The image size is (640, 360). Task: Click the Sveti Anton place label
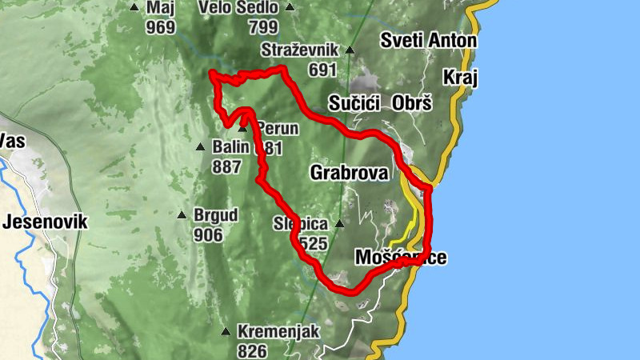(428, 40)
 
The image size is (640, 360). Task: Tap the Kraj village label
(459, 77)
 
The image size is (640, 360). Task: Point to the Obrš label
(412, 103)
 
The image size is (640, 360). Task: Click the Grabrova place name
(349, 172)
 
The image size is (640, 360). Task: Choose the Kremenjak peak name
(278, 331)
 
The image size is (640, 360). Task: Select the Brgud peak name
(217, 215)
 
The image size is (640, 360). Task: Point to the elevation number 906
(209, 235)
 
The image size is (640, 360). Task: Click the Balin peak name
(230, 147)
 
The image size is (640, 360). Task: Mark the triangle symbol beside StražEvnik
(350, 50)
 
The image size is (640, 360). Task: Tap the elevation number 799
(263, 27)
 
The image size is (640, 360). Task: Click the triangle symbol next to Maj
(134, 8)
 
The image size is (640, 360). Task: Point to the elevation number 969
(161, 27)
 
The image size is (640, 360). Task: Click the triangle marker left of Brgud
(182, 215)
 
